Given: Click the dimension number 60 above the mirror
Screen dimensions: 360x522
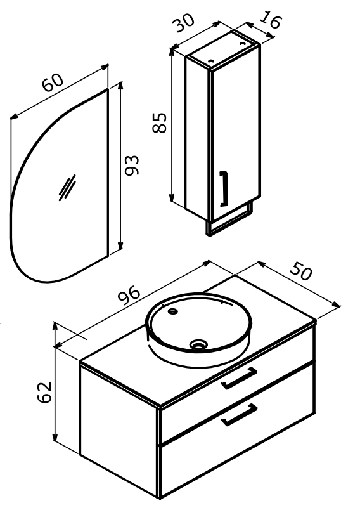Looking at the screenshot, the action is pos(53,82).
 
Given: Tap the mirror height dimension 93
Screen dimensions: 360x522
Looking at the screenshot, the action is pos(132,165).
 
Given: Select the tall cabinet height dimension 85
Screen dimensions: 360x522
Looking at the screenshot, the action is pos(159,123).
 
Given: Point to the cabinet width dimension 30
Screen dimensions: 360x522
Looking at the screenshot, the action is pos(183,23).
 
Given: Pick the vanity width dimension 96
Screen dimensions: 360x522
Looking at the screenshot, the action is pos(130,295).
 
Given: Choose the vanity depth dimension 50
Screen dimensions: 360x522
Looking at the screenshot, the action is pos(301,271).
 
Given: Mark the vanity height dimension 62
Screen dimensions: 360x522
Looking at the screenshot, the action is pos(44,392).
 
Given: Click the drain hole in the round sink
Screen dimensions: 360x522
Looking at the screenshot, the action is pos(198,344).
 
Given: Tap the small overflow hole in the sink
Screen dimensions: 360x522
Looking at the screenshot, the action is pos(173,311).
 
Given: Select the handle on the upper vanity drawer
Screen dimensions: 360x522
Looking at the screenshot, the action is pos(239,378).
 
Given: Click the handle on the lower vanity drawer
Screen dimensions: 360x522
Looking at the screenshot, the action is pos(240,414).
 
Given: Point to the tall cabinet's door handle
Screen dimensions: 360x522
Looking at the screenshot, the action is pos(223,188).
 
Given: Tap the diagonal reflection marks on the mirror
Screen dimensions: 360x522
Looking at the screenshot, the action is pos(67,188).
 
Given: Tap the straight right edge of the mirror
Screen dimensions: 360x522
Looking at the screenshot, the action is pos(108,173).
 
